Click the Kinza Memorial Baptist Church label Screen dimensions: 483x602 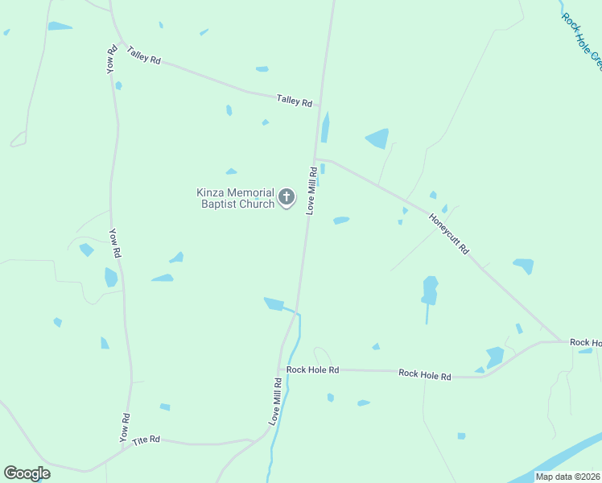click(235, 198)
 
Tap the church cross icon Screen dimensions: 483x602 click(287, 197)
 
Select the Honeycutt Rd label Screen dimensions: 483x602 click(449, 233)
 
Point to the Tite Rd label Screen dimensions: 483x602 click(146, 440)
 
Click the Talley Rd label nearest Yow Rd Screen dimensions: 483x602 click(144, 55)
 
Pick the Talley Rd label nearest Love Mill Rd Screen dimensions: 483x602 click(294, 101)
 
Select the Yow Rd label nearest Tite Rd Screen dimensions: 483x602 click(125, 427)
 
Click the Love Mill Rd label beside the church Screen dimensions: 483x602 click(311, 191)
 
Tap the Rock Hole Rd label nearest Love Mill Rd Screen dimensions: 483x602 click(312, 369)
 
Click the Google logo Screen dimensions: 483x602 click(27, 473)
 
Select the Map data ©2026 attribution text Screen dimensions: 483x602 click(568, 477)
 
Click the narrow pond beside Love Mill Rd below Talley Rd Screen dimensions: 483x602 click(325, 127)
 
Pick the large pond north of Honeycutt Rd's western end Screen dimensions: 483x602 click(377, 138)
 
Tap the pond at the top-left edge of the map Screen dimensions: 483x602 click(59, 27)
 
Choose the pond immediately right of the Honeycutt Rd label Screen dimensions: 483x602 click(523, 265)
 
